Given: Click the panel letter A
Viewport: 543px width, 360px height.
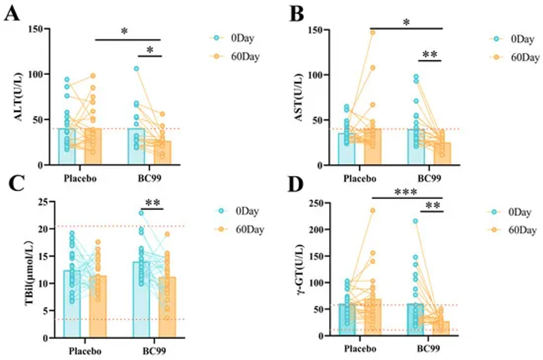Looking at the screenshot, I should point(11,13).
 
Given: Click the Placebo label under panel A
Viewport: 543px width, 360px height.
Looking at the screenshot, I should point(82,177).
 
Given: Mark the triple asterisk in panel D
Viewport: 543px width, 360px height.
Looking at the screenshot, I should point(407,192).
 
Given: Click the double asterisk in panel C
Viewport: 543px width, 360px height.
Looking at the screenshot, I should point(153,203).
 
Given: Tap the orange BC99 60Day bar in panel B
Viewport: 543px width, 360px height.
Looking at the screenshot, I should point(442,154).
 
